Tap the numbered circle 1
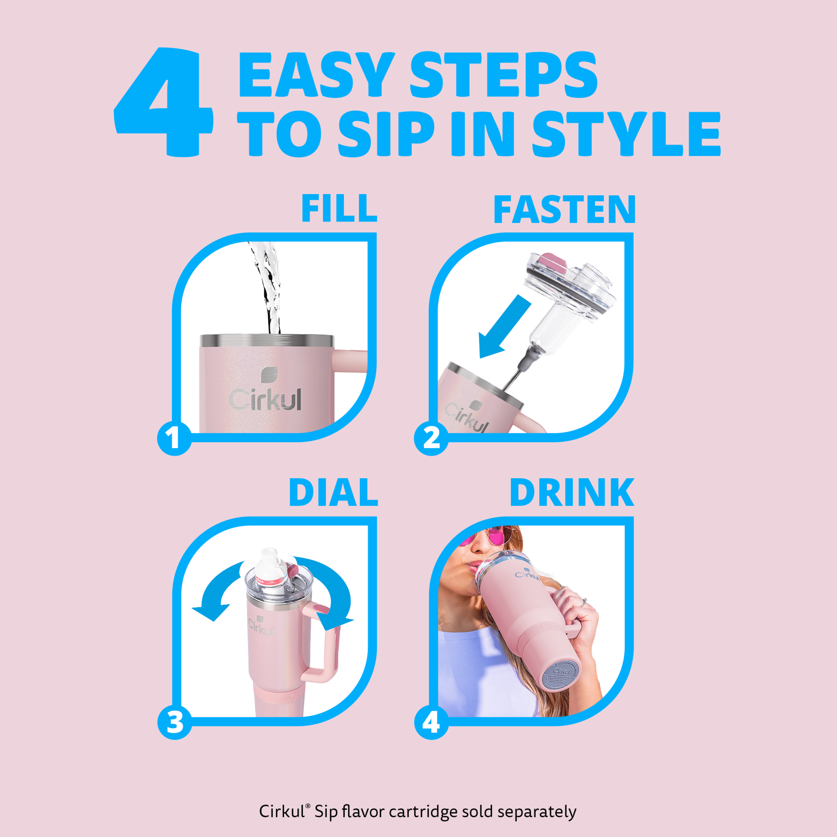[x=174, y=438]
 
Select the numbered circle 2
[x=431, y=438]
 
